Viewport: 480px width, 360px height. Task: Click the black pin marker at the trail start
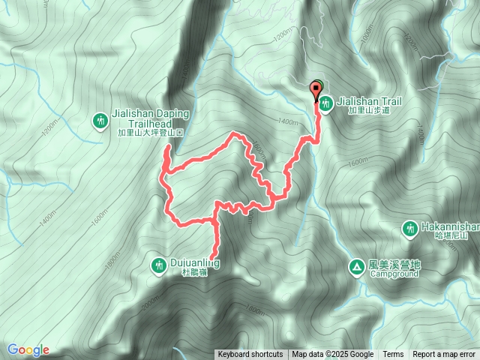(x=316, y=92)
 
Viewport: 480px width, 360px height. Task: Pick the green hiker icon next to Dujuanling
(x=159, y=264)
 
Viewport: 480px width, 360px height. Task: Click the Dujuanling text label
(x=191, y=263)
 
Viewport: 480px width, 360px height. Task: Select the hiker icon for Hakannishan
(x=410, y=228)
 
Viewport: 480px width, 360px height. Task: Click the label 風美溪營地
(x=395, y=265)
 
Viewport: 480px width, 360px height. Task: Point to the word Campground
(x=394, y=274)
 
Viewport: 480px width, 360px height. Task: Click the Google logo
(x=28, y=349)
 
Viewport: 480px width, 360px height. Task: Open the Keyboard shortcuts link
(x=250, y=355)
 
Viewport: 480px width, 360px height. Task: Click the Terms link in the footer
(x=393, y=355)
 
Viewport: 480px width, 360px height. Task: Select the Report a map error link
(x=445, y=355)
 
